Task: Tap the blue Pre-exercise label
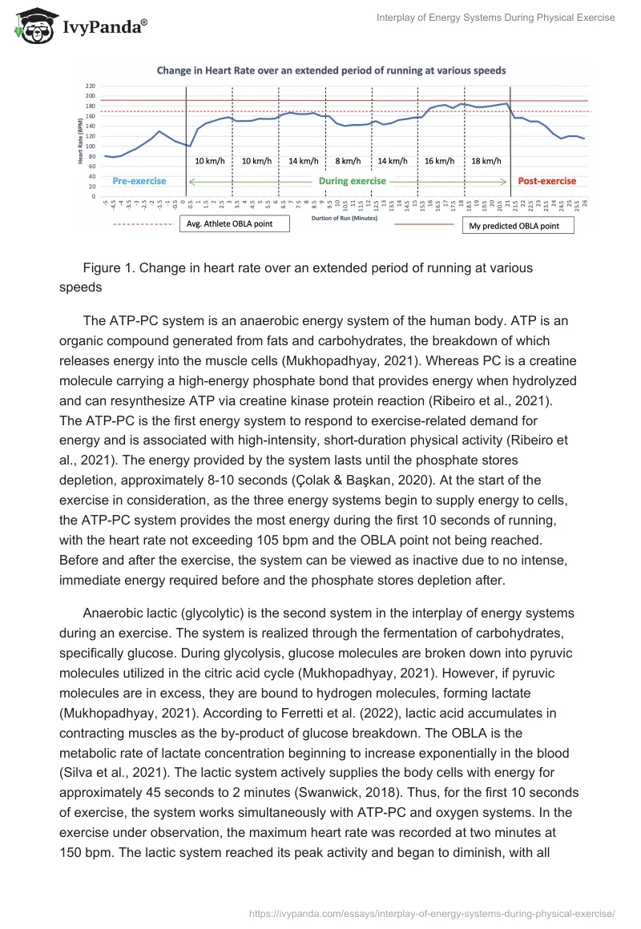139,181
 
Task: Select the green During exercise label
352,181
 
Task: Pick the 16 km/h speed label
440,161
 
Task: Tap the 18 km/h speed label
486,161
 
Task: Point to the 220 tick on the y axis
90,86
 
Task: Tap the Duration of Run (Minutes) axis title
346,218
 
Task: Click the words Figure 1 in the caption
108,268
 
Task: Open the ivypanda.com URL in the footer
432,913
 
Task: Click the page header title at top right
495,18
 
